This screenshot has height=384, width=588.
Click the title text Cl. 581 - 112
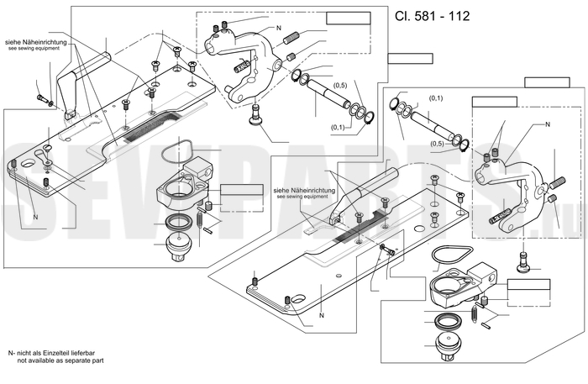(x=432, y=16)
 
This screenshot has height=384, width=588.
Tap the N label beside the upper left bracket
(x=279, y=28)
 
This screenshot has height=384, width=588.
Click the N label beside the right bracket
(x=547, y=124)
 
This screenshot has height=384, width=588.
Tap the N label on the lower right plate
(x=322, y=315)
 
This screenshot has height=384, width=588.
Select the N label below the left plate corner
(x=35, y=217)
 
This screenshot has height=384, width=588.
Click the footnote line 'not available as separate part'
(x=60, y=360)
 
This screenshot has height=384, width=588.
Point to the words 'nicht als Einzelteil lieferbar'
(x=55, y=353)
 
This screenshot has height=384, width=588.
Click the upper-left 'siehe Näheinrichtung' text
(x=35, y=42)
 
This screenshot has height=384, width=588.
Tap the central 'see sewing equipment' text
(x=302, y=197)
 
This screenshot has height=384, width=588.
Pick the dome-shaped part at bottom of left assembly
(x=180, y=245)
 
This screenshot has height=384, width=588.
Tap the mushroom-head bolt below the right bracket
(x=524, y=260)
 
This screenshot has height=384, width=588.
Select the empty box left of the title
(x=349, y=18)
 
